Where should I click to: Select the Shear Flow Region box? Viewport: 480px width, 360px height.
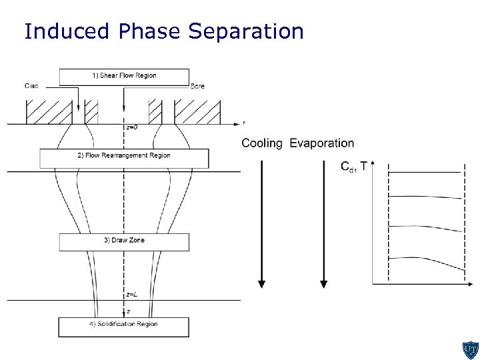[124, 77]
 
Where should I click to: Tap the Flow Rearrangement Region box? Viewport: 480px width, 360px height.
[124, 158]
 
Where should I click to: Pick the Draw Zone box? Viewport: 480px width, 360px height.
[124, 242]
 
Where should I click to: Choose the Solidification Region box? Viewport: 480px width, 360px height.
[124, 327]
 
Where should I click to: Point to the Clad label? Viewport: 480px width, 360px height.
[31, 86]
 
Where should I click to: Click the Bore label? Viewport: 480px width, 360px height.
[197, 86]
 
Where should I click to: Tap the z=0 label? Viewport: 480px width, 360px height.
[132, 127]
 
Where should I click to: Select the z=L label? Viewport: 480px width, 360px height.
[132, 294]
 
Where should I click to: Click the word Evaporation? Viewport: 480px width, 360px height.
[322, 143]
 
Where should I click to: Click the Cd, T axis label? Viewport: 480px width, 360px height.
[353, 167]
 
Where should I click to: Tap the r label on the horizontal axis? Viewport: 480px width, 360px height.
[244, 123]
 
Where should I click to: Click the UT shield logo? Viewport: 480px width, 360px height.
[470, 349]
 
